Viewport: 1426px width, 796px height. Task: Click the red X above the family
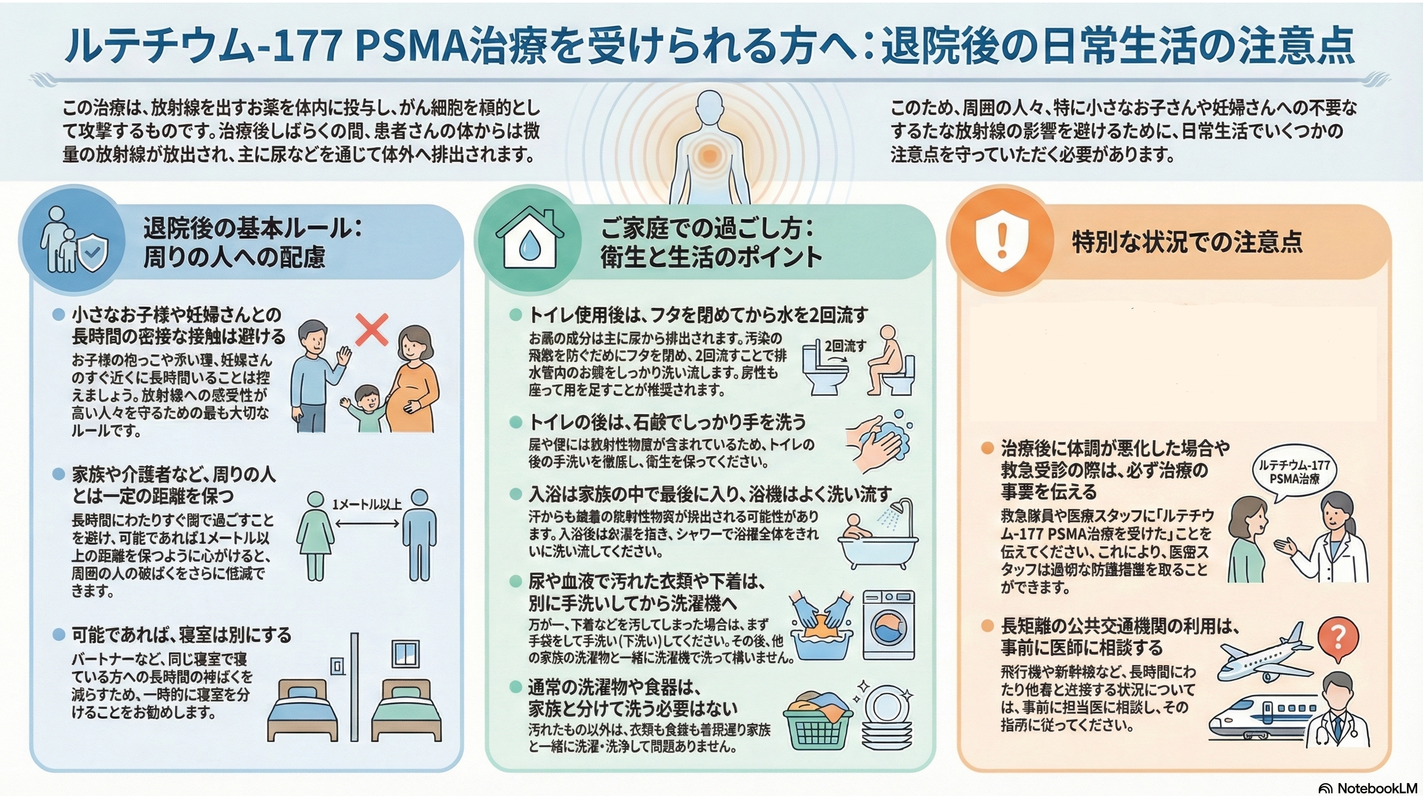coord(372,330)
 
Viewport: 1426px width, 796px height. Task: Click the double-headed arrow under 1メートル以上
coord(367,523)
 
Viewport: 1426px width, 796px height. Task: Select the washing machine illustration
coord(889,625)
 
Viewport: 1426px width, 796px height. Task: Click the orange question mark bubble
coord(1337,639)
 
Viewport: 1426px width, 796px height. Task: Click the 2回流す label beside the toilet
coord(845,346)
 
